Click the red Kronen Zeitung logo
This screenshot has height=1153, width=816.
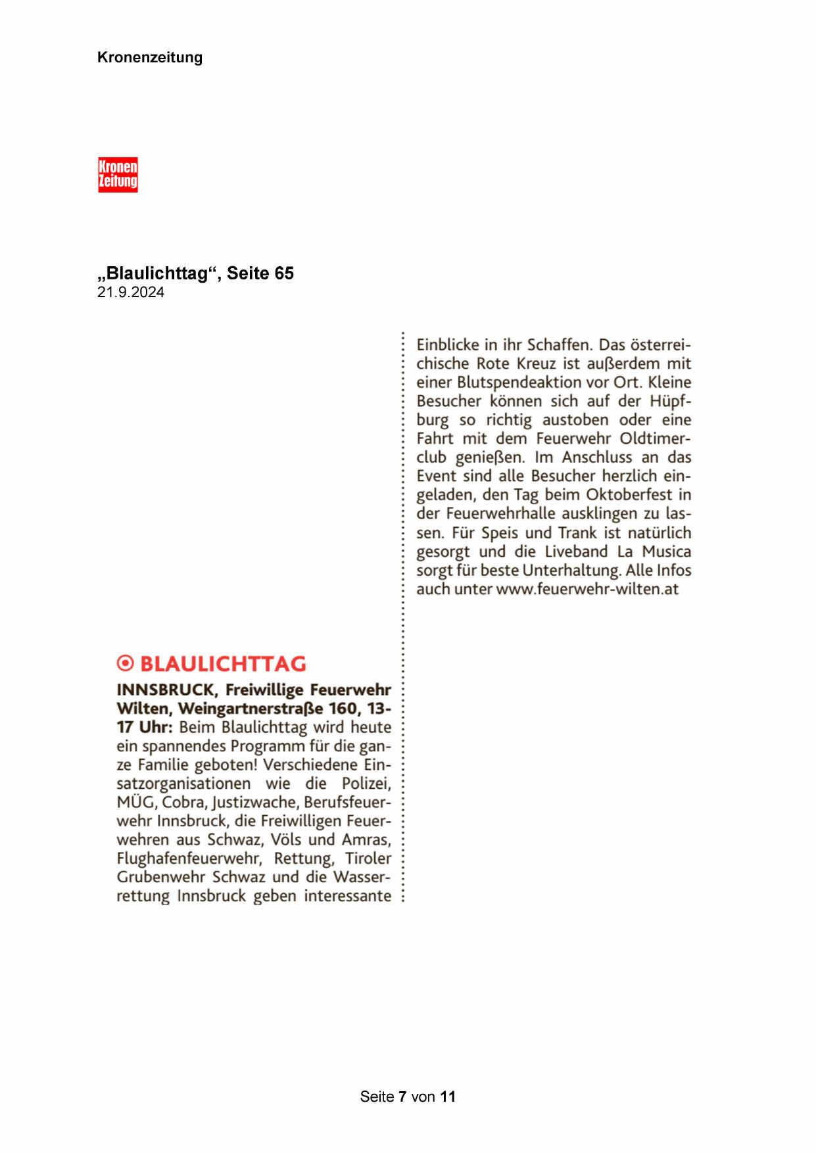point(118,174)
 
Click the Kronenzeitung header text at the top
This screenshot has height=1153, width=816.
point(149,57)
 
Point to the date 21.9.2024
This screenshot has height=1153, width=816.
point(130,293)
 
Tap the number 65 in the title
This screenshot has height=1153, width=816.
point(284,273)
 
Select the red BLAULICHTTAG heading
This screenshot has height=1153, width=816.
point(224,664)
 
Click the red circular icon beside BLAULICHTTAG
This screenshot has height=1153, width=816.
point(124,664)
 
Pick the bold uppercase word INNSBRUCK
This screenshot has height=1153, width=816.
point(165,690)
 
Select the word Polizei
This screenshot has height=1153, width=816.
point(366,784)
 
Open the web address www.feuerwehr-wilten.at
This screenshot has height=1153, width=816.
point(587,589)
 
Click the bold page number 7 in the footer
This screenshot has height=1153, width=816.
point(402,1096)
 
